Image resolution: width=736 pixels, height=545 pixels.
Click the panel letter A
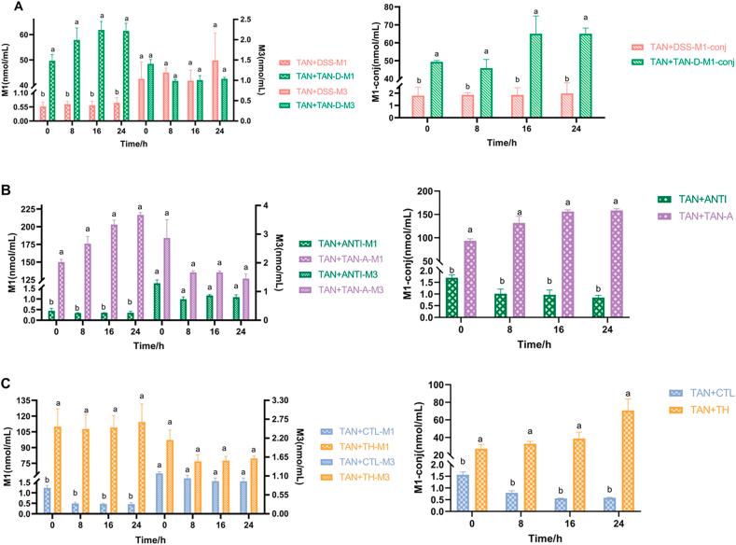click(x=7, y=8)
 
